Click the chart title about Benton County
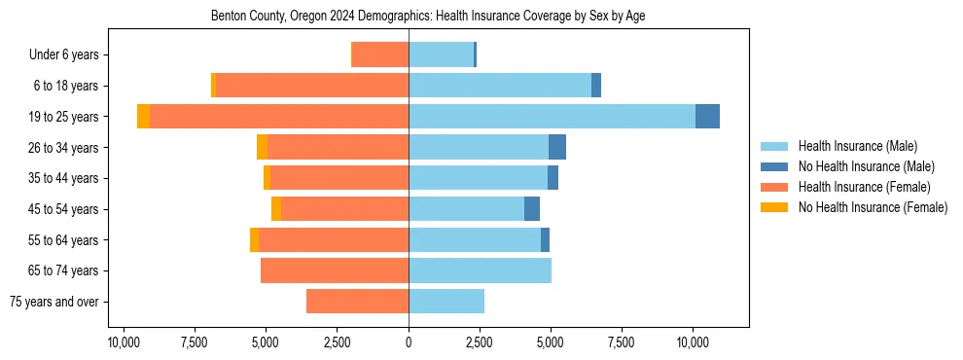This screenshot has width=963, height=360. tap(428, 17)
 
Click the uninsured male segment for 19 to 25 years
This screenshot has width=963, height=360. tap(707, 116)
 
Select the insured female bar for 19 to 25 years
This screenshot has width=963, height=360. tap(279, 116)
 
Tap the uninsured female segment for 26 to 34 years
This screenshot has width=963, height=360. tap(262, 147)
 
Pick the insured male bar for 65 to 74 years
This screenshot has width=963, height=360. tap(480, 270)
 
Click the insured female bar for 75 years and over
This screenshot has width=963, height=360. tap(357, 302)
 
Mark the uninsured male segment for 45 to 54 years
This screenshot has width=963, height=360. tap(532, 209)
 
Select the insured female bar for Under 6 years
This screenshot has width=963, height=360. tap(380, 54)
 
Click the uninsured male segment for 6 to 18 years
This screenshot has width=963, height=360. tap(596, 86)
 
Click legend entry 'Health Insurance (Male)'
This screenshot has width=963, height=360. tap(856, 146)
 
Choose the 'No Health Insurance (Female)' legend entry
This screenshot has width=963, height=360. tap(872, 207)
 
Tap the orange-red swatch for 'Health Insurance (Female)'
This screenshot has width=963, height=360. tap(774, 187)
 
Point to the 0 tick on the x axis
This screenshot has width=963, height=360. tap(409, 343)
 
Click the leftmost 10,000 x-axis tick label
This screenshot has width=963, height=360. tap(123, 343)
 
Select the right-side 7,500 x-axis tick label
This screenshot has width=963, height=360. tap(622, 343)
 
